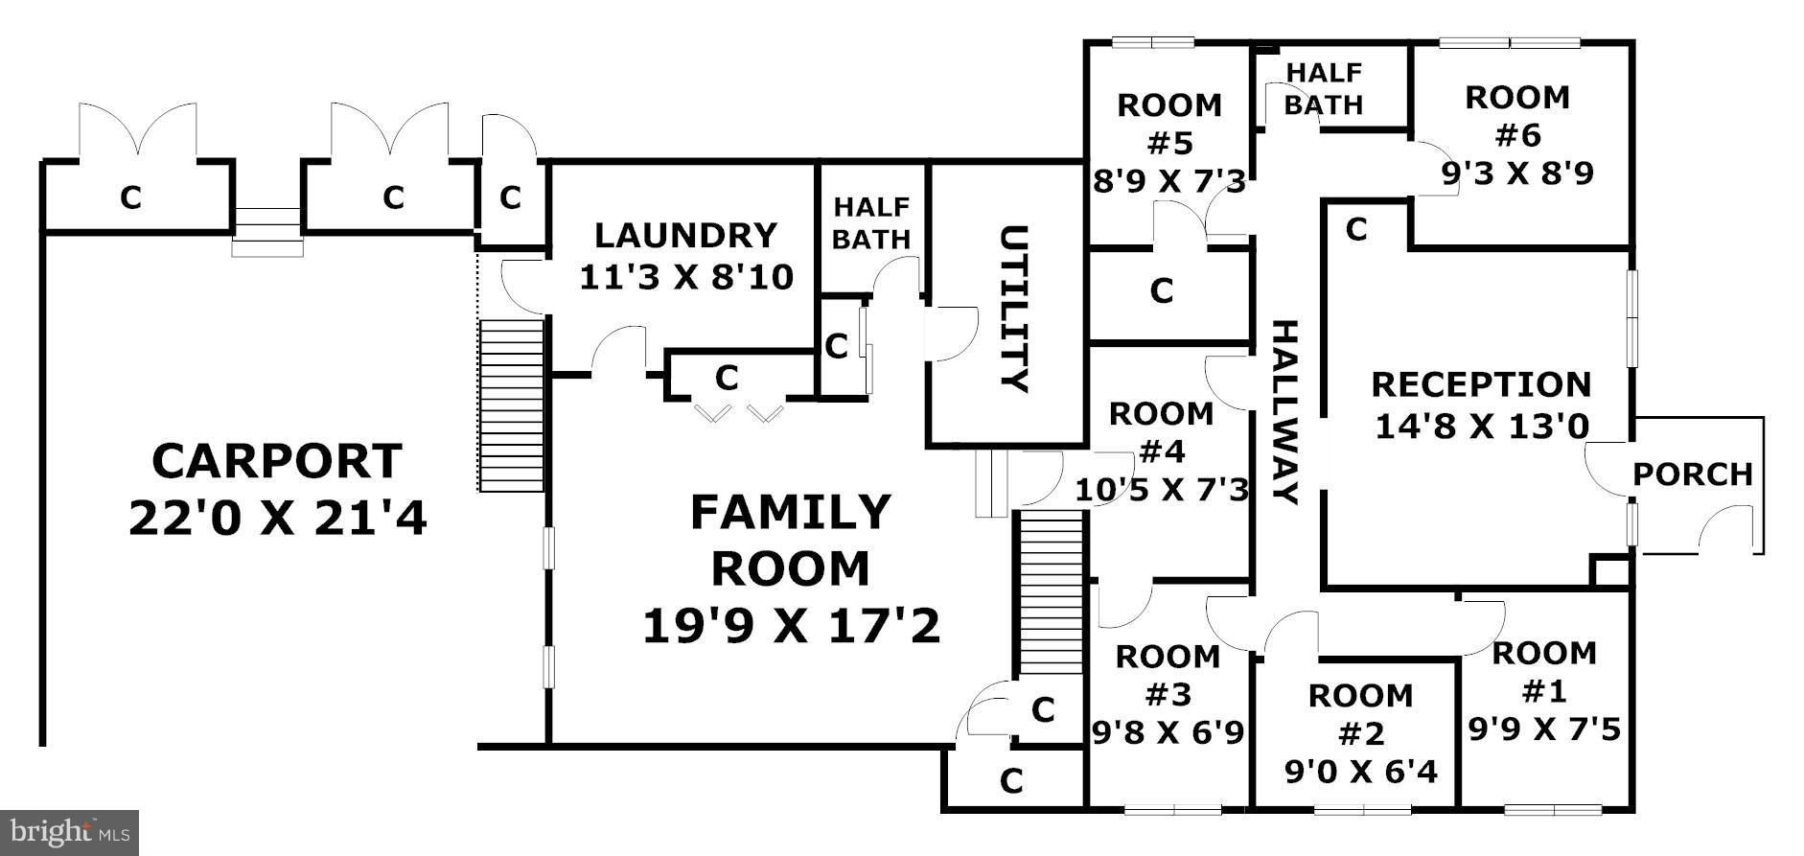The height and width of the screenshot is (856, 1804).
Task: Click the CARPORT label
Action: point(277,462)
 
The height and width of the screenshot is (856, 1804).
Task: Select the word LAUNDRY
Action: point(685,236)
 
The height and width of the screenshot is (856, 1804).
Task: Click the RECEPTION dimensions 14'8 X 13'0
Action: point(1481,427)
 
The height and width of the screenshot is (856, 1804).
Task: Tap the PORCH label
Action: point(1692,474)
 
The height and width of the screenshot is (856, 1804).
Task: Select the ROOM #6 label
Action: point(1517,116)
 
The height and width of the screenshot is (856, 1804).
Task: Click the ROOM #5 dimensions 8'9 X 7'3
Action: point(1169,182)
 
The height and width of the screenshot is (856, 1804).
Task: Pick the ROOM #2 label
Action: point(1360,714)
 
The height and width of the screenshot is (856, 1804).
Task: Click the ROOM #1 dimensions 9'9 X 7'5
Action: point(1544,730)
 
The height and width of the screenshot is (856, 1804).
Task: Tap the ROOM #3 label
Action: point(1168,675)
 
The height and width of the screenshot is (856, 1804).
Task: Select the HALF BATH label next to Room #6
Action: point(1323,88)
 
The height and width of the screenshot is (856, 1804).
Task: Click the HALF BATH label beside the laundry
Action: point(870,223)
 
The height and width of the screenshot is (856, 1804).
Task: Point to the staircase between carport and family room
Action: point(511,405)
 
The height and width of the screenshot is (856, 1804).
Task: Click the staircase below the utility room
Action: point(1049,592)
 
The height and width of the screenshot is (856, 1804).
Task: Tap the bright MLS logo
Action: point(69,832)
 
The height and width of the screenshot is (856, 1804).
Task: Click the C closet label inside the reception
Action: point(1355,230)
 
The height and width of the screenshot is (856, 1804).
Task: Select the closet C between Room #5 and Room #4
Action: point(1162,290)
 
